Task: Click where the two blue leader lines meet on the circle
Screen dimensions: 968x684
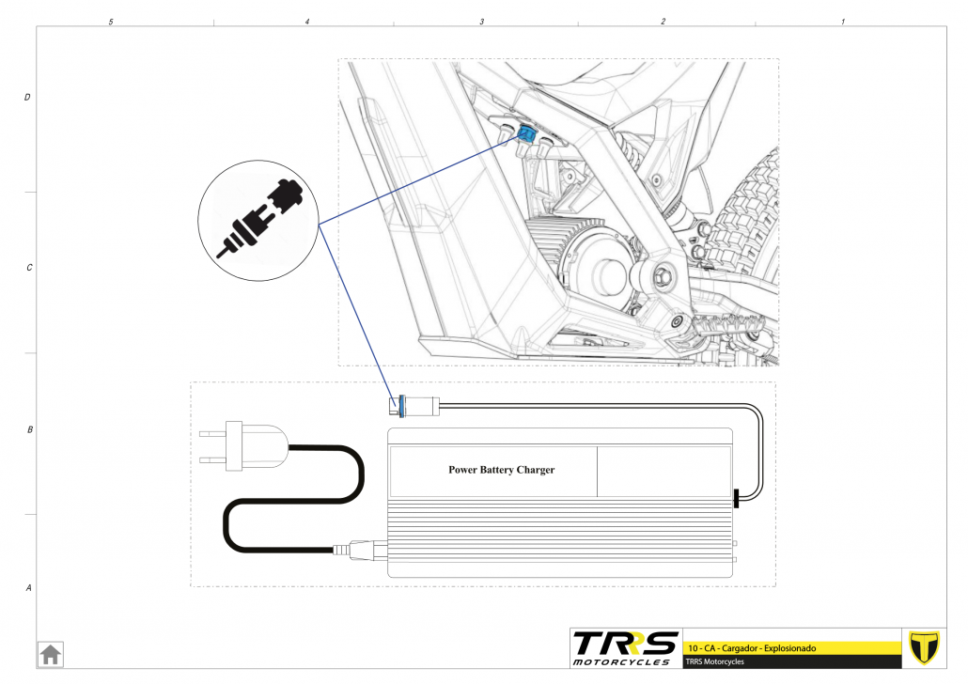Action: pos(319,225)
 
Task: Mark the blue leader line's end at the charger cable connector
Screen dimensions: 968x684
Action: pos(396,406)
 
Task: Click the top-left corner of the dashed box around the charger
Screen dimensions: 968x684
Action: pos(190,382)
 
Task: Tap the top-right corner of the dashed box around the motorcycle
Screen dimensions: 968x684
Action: pos(779,59)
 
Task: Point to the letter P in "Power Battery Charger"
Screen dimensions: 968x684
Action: pos(452,470)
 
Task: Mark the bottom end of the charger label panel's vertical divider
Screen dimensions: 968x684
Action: pos(597,496)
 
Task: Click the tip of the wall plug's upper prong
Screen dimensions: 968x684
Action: pos(200,434)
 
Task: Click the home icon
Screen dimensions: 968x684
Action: pos(51,654)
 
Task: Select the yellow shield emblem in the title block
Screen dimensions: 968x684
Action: pos(924,647)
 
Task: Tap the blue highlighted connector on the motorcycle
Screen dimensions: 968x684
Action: pos(526,132)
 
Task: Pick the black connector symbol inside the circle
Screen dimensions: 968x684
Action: pos(259,218)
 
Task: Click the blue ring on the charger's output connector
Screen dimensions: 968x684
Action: pos(402,406)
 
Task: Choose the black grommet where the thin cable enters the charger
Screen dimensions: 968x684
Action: pos(736,498)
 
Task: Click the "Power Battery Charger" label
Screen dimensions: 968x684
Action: pos(501,470)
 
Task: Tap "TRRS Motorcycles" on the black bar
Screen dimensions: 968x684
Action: pos(714,661)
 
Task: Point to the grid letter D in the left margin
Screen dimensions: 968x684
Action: pos(27,97)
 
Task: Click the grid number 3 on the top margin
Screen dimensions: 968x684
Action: pos(482,22)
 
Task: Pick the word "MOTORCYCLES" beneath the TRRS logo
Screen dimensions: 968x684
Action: pos(621,661)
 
